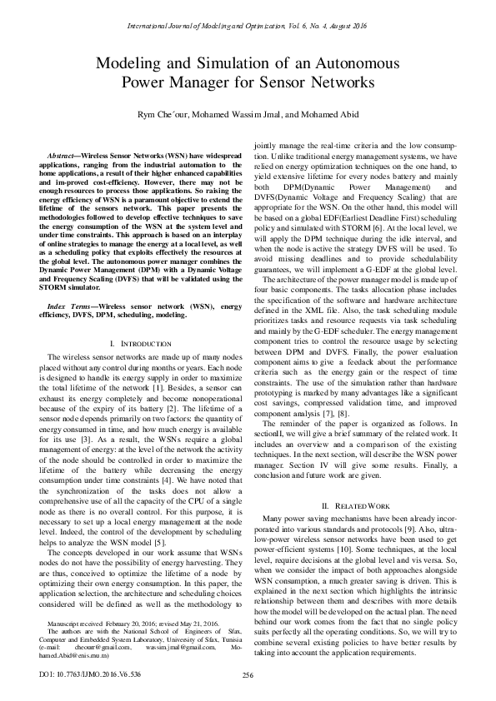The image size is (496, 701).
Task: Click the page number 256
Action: coord(248,674)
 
